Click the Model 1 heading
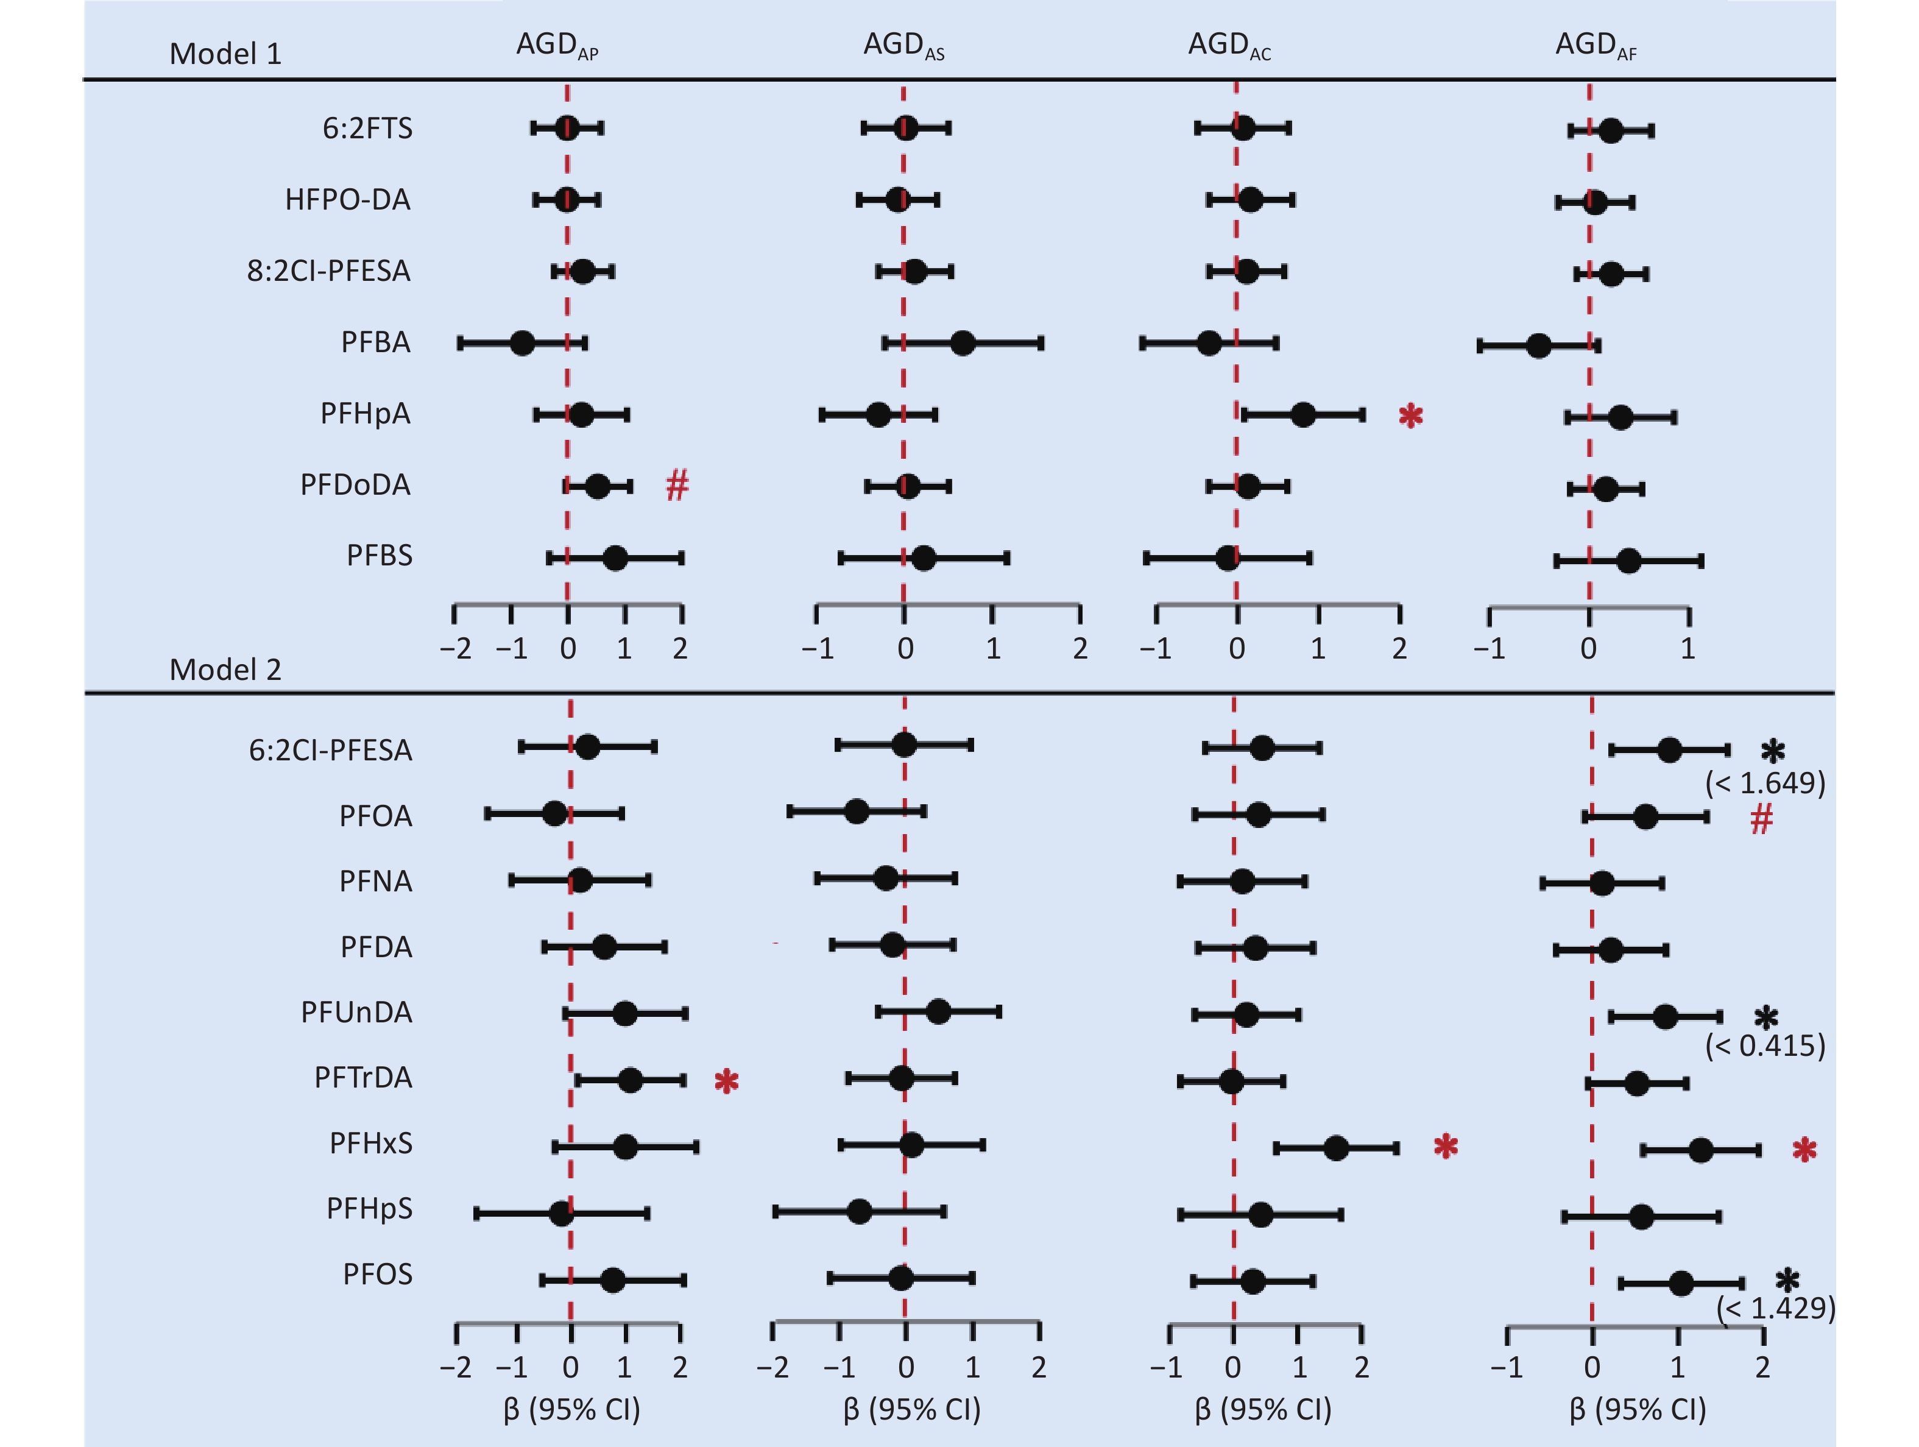coord(225,54)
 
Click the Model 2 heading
coord(225,670)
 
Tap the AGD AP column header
coord(557,45)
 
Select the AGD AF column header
coord(1596,45)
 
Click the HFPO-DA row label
coord(347,199)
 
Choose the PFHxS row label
coord(370,1144)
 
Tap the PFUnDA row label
coord(356,1013)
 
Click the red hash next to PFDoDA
coord(677,485)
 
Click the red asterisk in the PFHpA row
coord(1411,416)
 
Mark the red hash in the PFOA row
coord(1761,818)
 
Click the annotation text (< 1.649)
coord(1765,784)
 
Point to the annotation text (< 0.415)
coord(1765,1045)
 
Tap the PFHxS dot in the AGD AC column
coord(1336,1148)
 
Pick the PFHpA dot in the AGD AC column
coord(1302,415)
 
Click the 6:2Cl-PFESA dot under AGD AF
coord(1669,751)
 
